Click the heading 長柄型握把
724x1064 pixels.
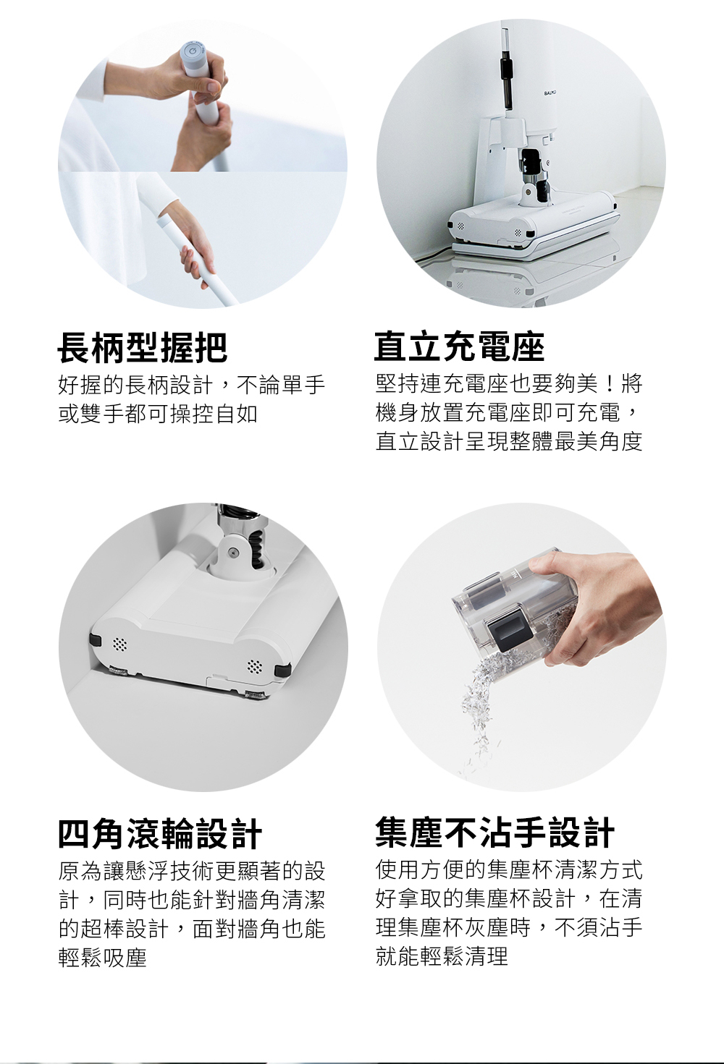(143, 348)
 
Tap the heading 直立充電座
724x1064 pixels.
(459, 347)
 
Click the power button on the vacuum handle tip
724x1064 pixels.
(192, 51)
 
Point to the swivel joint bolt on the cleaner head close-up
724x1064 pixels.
(231, 551)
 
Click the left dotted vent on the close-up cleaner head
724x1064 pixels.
(120, 644)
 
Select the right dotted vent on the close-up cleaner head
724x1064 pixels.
(256, 667)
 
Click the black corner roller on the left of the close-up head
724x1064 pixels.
(95, 640)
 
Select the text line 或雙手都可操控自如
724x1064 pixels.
(158, 414)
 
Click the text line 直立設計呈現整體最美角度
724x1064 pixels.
(509, 441)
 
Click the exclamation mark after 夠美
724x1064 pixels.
(610, 384)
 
